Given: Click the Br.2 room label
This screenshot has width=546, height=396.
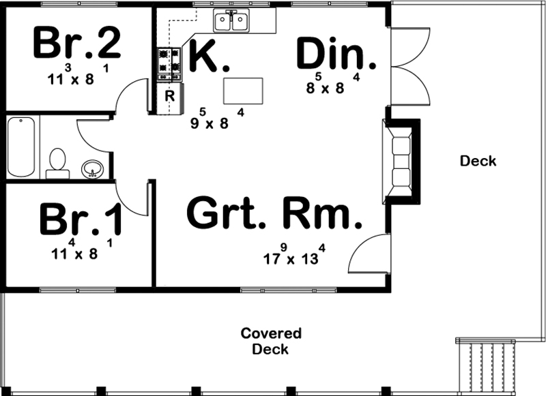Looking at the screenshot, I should click(76, 44).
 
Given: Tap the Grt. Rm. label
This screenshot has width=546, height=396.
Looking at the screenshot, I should click(273, 214).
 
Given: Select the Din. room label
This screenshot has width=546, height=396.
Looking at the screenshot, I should click(336, 55).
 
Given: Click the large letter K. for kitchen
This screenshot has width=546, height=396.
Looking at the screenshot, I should click(209, 56).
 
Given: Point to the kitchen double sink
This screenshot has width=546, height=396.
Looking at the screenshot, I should click(231, 22).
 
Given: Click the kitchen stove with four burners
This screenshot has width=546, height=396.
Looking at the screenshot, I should click(169, 63).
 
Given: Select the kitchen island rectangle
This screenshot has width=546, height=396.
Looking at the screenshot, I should click(244, 89).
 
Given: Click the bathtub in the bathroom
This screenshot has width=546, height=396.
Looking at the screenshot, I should click(23, 146).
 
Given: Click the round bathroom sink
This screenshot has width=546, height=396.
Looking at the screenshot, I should click(91, 169).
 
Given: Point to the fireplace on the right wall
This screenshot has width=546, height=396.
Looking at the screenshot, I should click(399, 162).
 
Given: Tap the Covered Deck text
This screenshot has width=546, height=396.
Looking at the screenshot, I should click(270, 341).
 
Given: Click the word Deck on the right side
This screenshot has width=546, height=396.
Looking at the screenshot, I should click(478, 162).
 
